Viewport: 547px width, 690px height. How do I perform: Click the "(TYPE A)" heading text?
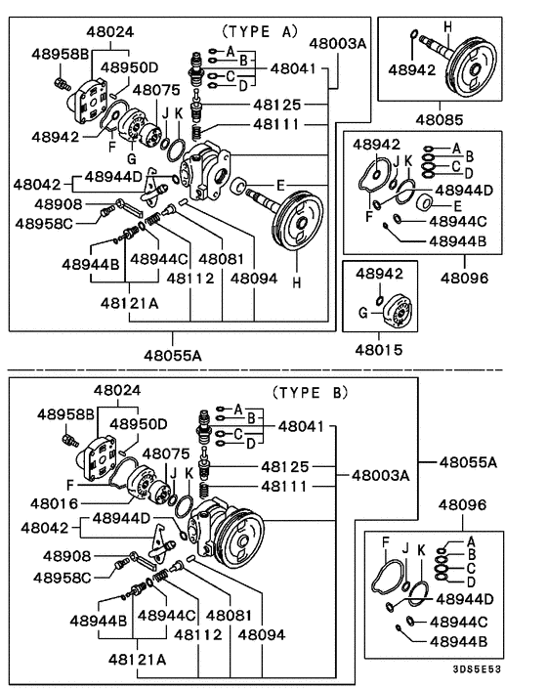pos(258,30)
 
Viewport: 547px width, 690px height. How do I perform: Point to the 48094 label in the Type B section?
pos(262,633)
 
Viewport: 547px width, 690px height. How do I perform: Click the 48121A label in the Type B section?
pos(137,659)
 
